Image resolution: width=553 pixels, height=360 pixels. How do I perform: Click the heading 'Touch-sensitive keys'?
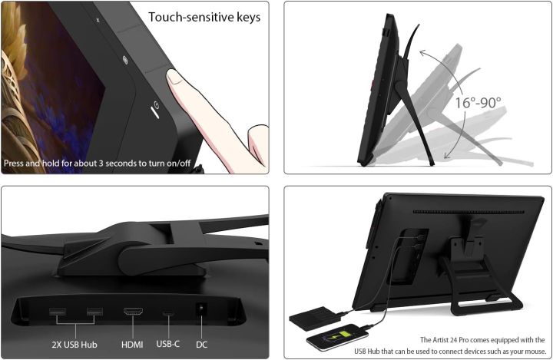(204, 17)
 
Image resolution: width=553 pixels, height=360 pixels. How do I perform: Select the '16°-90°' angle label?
(478, 102)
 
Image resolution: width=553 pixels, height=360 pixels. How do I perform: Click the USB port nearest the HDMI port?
(94, 312)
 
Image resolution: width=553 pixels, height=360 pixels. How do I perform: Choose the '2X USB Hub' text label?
(76, 344)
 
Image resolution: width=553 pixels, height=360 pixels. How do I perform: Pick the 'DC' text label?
(201, 344)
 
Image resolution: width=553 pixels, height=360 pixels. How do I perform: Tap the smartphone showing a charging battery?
(338, 338)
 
